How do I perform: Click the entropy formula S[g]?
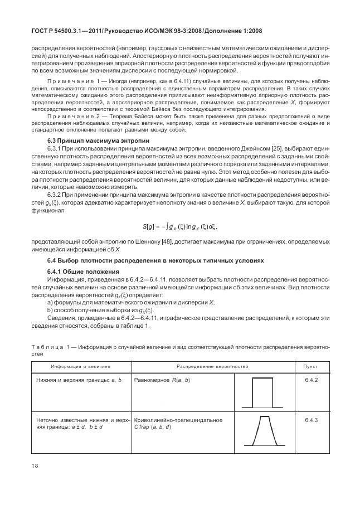click(179, 226)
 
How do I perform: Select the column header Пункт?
click(311, 366)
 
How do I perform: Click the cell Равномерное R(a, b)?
click(163, 380)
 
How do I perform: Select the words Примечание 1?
click(74, 83)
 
